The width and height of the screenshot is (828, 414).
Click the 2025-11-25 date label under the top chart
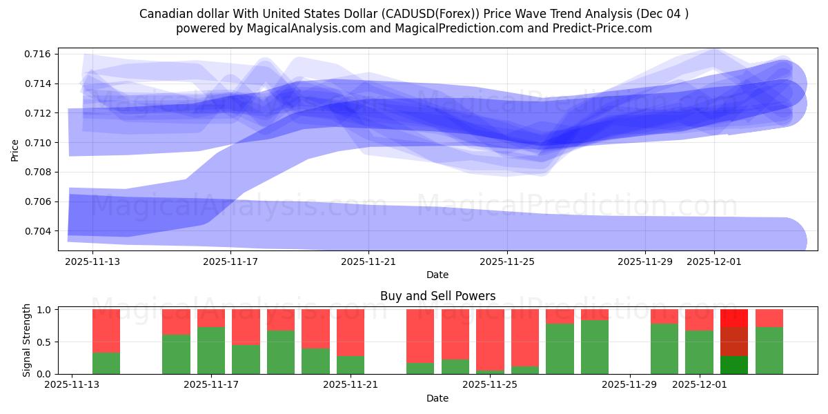click(507, 262)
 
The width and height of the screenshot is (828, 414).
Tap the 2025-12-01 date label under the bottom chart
click(700, 385)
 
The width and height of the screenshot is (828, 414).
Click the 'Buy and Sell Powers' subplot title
click(437, 296)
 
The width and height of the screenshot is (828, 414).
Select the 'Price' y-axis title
click(15, 149)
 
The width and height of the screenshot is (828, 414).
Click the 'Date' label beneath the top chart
click(437, 275)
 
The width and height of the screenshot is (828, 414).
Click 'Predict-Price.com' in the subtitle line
click(606, 28)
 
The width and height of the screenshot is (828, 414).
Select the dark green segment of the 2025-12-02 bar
click(734, 365)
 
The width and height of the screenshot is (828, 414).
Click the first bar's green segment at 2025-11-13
click(106, 363)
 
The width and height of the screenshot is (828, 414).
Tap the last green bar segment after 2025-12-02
click(769, 351)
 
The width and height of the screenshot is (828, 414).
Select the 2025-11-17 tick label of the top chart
click(230, 262)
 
